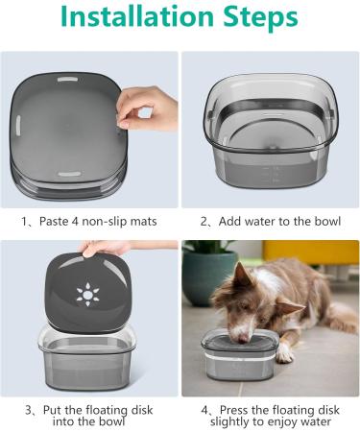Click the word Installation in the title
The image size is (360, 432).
136,16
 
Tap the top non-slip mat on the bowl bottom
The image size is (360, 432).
69,80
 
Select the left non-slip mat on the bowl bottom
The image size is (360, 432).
18,126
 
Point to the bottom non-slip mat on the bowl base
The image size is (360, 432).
69,175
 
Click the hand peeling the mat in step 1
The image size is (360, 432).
147,108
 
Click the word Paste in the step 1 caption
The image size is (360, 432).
55,221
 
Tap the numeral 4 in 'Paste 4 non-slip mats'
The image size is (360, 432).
75,221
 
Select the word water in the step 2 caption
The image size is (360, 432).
263,221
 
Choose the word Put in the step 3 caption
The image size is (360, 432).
53,410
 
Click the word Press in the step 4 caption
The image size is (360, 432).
234,410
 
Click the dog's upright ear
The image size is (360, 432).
242,276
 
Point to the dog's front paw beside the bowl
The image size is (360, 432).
284,353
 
